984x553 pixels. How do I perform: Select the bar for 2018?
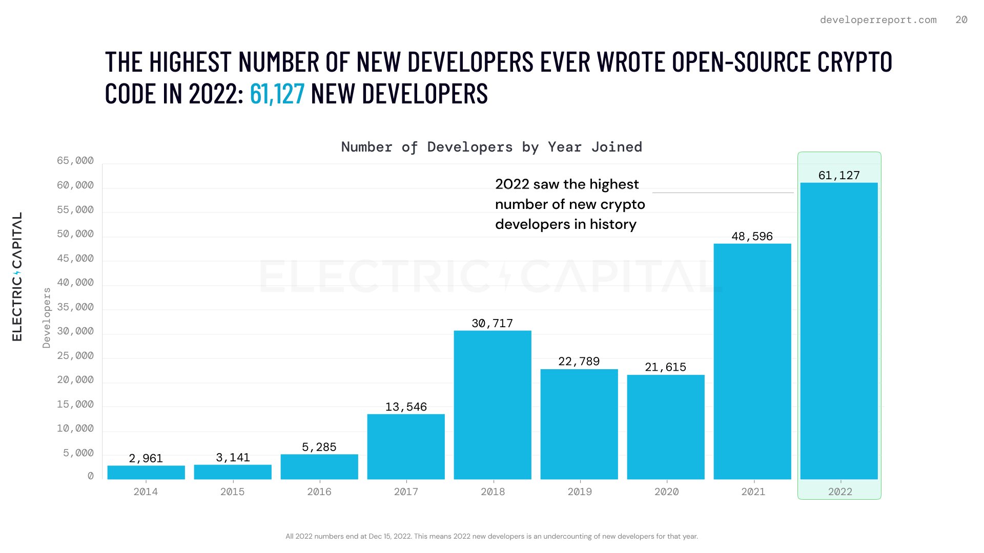(493, 405)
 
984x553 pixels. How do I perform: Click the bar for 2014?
(146, 472)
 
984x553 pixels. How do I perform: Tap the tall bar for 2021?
(752, 361)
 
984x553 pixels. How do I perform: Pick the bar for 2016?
(319, 466)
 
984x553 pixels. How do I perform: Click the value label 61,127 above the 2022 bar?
(839, 176)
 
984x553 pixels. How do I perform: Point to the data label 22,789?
(579, 361)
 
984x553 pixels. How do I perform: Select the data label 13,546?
(406, 407)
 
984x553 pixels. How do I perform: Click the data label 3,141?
(233, 457)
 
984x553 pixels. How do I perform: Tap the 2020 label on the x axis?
(666, 492)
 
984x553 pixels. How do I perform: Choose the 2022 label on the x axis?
(840, 492)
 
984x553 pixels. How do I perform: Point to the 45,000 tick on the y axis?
(75, 259)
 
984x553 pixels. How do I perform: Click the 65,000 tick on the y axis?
(75, 161)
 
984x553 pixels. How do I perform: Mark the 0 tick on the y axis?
(91, 476)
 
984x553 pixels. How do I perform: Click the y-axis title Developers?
(47, 317)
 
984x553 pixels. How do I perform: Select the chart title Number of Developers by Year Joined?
(491, 147)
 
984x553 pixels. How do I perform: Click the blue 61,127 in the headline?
(277, 94)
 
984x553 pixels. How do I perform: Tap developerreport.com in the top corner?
(878, 20)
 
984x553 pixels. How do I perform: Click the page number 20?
(961, 20)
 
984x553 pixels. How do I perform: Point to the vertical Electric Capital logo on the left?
(17, 276)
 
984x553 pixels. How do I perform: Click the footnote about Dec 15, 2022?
(491, 536)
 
